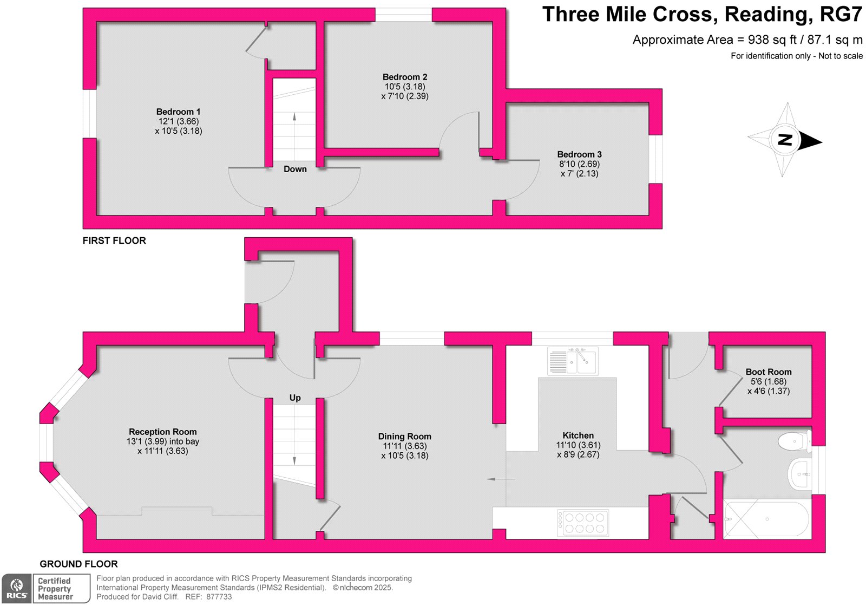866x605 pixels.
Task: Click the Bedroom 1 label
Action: (178, 112)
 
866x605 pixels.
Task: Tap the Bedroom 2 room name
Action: (405, 77)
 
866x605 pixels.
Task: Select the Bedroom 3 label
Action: (579, 154)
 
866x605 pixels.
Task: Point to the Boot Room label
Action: (768, 372)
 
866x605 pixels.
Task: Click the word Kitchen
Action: (578, 435)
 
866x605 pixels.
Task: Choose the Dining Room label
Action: (404, 437)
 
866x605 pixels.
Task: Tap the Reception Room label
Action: (163, 432)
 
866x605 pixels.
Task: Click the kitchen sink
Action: (573, 361)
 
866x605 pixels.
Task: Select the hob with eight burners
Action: (582, 523)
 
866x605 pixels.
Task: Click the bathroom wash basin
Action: (799, 474)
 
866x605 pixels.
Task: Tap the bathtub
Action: (767, 519)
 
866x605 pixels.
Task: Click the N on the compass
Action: (785, 140)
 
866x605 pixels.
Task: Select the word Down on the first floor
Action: (295, 169)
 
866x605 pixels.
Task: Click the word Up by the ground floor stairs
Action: (295, 398)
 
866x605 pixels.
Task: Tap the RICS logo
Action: (16, 588)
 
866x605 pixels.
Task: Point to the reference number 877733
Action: (219, 597)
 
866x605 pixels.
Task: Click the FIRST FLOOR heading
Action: (114, 240)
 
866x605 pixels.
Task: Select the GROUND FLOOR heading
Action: (79, 564)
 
